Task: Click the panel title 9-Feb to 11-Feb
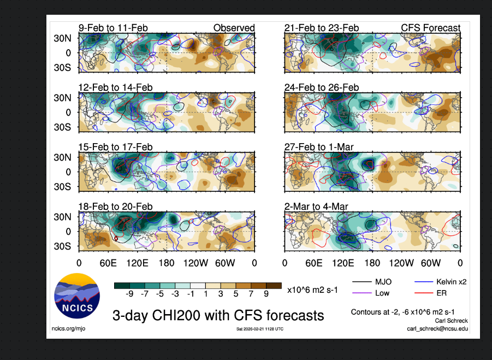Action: click(113, 28)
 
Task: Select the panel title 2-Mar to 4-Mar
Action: click(316, 206)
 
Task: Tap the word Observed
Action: click(234, 28)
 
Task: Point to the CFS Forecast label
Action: click(430, 28)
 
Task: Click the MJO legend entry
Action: click(382, 282)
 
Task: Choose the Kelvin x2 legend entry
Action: click(450, 282)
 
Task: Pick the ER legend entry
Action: click(442, 294)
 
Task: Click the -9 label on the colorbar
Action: click(130, 294)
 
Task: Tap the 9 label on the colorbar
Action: click(266, 294)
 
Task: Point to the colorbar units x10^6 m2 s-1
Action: click(312, 290)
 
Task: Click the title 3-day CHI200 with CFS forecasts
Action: click(218, 315)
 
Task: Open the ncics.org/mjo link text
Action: click(69, 328)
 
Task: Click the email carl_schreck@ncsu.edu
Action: click(437, 328)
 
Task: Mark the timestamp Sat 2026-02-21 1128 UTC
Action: click(259, 329)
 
